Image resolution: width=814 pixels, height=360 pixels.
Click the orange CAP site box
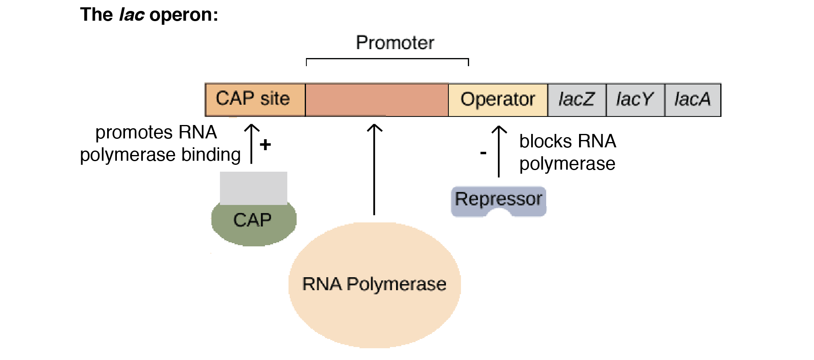pyautogui.click(x=255, y=100)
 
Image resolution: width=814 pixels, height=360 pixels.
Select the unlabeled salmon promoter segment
pyautogui.click(x=377, y=100)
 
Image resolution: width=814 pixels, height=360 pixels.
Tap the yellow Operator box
pyautogui.click(x=498, y=100)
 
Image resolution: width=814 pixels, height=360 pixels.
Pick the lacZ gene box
pyautogui.click(x=577, y=100)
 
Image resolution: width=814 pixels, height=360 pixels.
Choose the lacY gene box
pyautogui.click(x=635, y=100)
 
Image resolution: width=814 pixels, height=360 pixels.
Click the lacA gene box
pyautogui.click(x=693, y=100)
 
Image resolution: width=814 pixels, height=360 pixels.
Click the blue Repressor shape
pyautogui.click(x=499, y=199)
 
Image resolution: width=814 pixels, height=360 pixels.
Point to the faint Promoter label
pyautogui.click(x=395, y=43)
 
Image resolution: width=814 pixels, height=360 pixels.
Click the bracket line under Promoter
pyautogui.click(x=387, y=59)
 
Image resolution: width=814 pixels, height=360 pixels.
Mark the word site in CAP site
pyautogui.click(x=275, y=99)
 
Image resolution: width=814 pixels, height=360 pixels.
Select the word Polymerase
pyautogui.click(x=396, y=284)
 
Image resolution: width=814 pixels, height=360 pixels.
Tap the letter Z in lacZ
pyautogui.click(x=587, y=99)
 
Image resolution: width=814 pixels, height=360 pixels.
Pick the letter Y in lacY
pyautogui.click(x=646, y=99)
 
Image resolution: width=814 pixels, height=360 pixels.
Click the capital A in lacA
pyautogui.click(x=704, y=99)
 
